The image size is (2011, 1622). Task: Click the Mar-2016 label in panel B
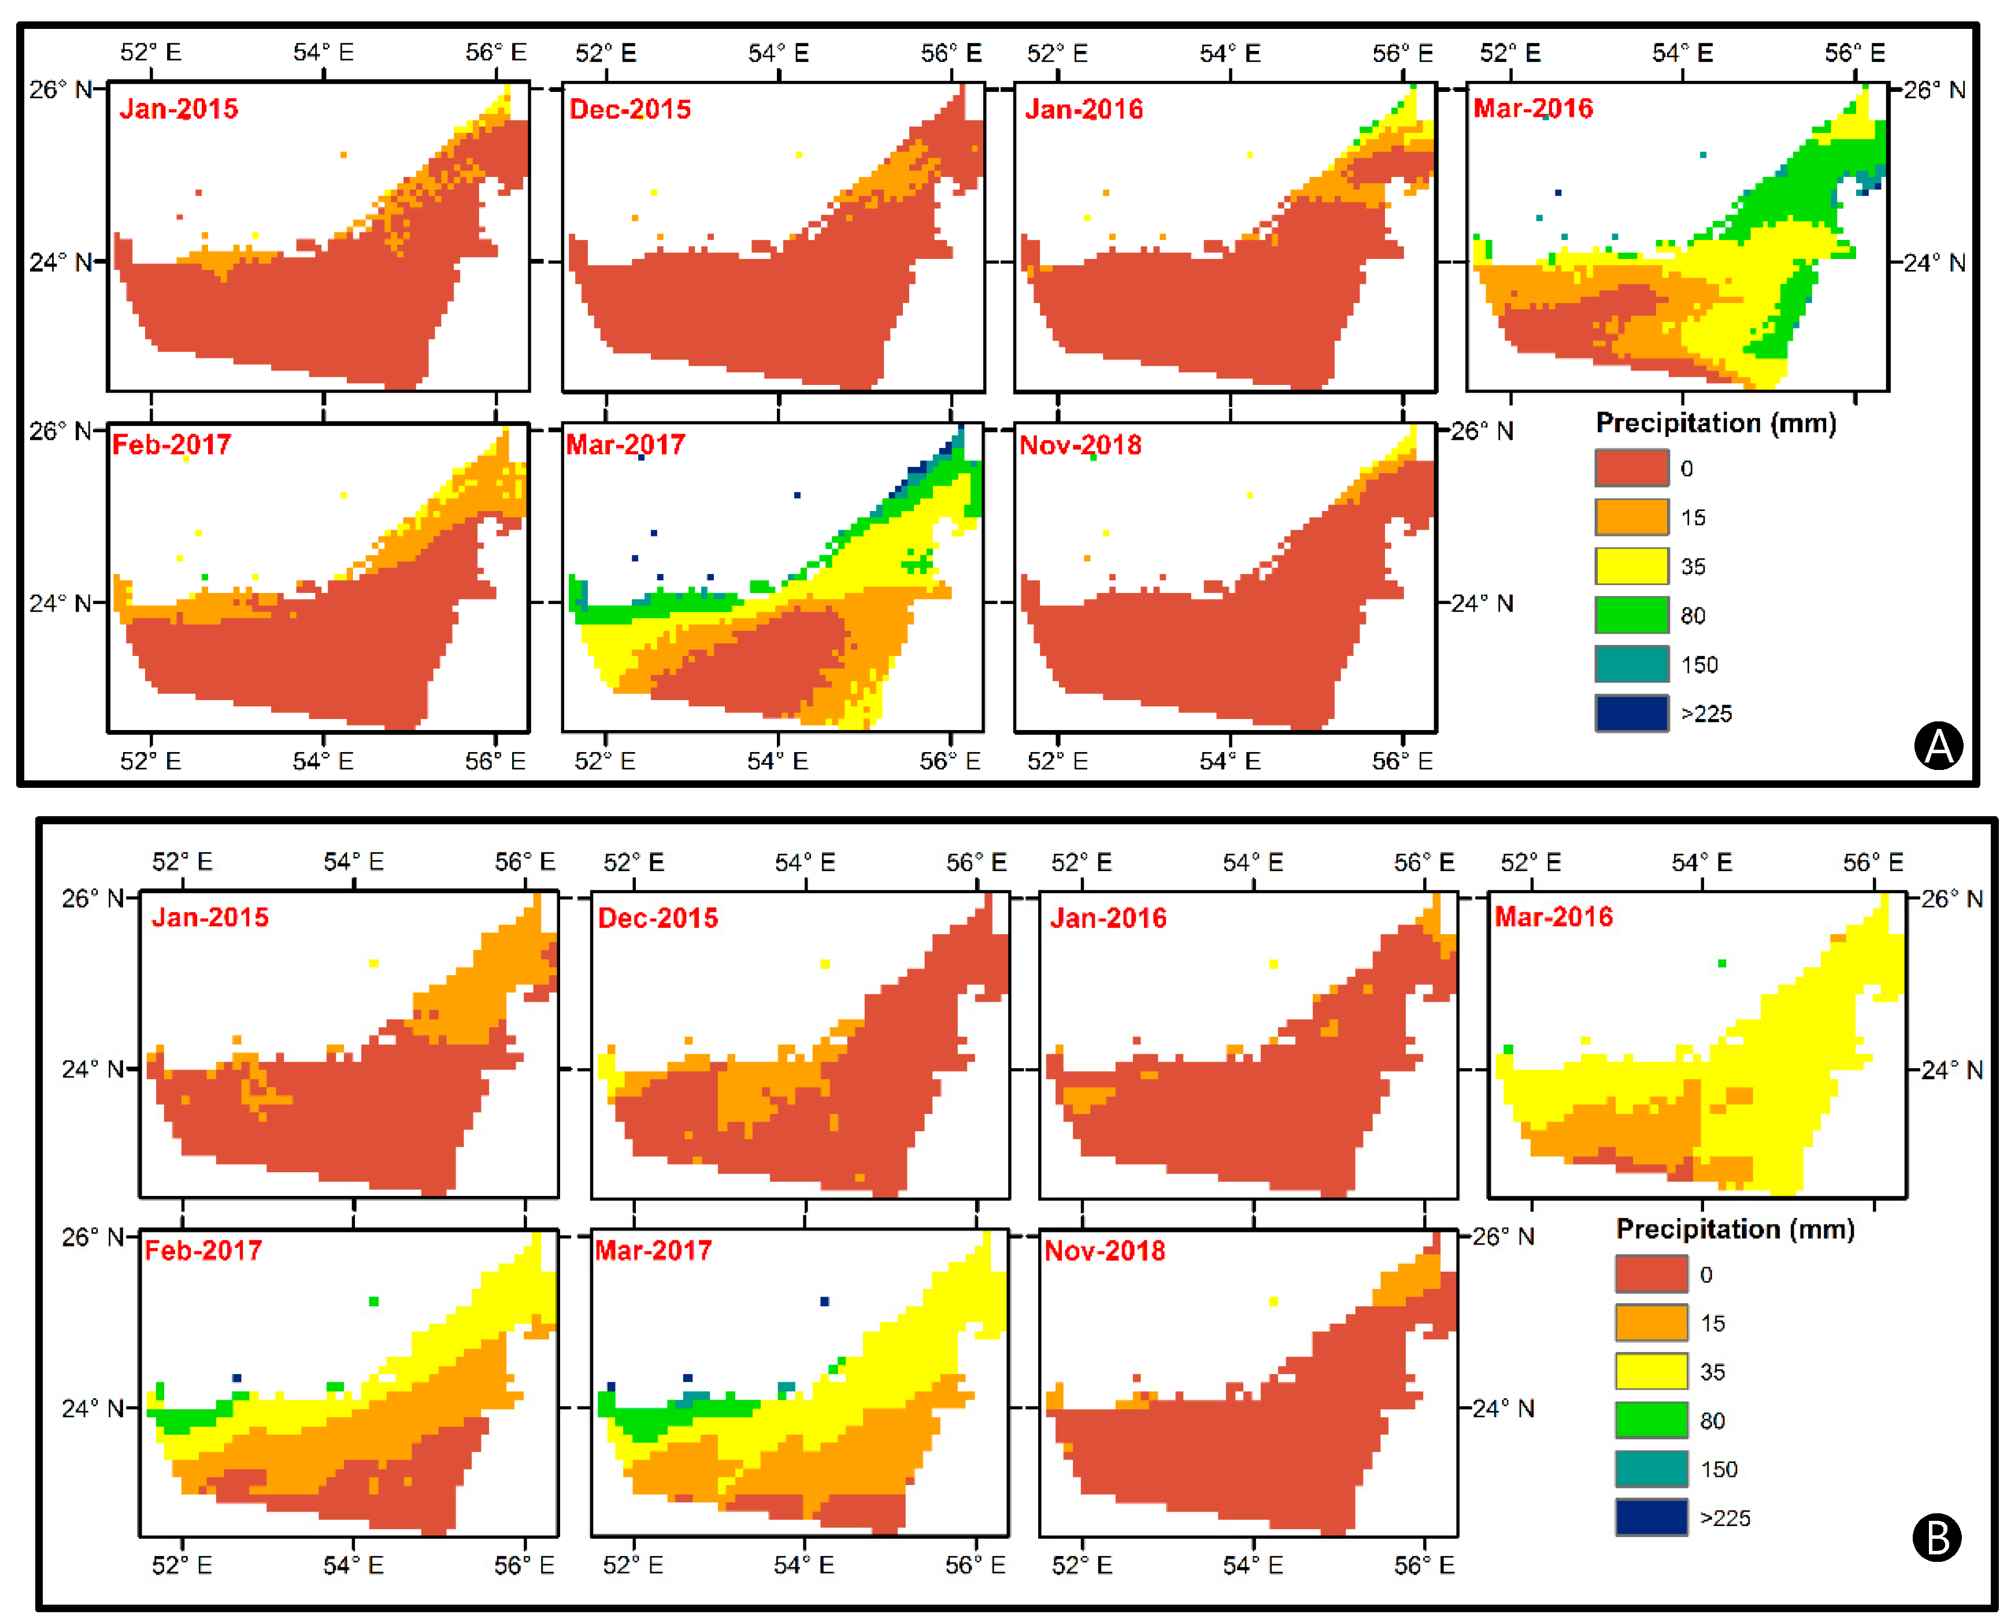tap(1553, 917)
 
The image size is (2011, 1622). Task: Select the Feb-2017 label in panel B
tap(203, 1250)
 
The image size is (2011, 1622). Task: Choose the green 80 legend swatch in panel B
tap(1651, 1420)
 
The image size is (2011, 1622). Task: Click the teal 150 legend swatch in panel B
tap(1651, 1469)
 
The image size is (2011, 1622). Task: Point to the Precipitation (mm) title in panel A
tap(1716, 423)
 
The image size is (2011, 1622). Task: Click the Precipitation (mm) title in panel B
tap(1735, 1229)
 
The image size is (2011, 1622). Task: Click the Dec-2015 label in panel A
tap(630, 109)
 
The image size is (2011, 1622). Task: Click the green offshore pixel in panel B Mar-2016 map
tap(1721, 963)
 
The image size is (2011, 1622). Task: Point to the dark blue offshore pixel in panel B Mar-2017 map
tap(824, 1302)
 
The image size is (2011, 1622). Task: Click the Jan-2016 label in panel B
tap(1108, 917)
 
